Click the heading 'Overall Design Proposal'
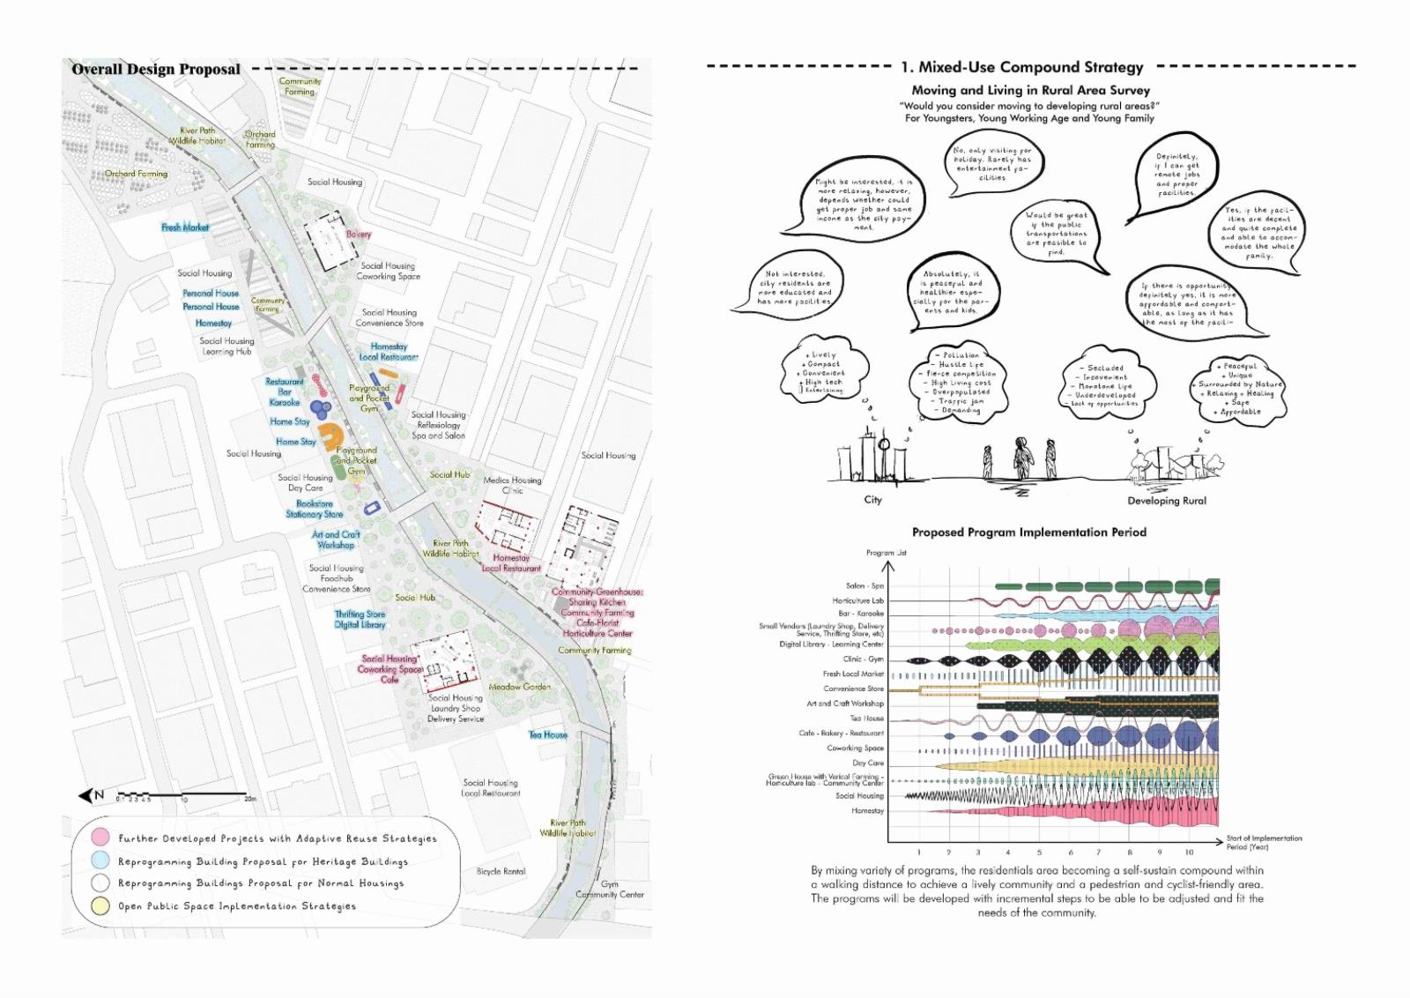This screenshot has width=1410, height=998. (x=156, y=69)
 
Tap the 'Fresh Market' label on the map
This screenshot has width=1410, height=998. (x=185, y=227)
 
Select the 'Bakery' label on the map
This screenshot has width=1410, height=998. (x=359, y=235)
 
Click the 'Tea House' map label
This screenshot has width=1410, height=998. (x=548, y=734)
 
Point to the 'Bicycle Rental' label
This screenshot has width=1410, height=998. (x=501, y=871)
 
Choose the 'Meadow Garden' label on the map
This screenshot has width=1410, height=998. (x=520, y=687)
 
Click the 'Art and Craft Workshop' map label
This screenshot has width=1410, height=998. (x=336, y=540)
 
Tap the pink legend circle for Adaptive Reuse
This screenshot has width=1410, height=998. (x=101, y=838)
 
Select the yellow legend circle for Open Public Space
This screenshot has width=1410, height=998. (x=101, y=905)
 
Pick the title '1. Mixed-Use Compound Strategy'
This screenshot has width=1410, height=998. (x=1021, y=67)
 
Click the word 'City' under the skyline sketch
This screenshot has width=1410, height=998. (x=872, y=500)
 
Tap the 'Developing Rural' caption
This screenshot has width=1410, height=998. (x=1167, y=501)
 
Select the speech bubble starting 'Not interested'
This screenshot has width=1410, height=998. (x=794, y=288)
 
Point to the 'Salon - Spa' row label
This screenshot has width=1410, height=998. (x=865, y=586)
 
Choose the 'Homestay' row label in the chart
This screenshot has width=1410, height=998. (x=867, y=810)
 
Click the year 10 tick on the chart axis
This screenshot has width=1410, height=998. (x=1189, y=853)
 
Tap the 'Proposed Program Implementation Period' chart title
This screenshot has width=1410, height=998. (x=1028, y=533)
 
